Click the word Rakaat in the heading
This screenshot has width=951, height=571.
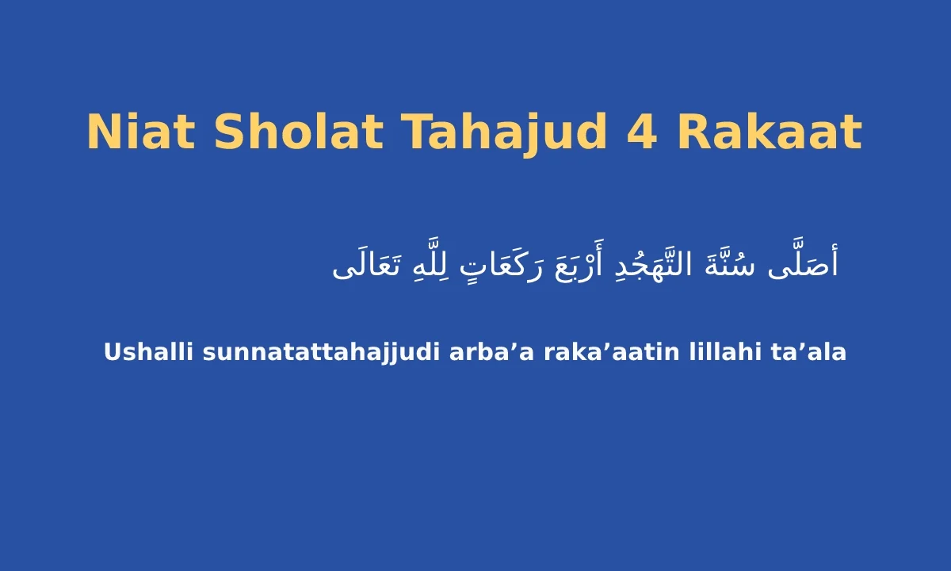pyautogui.click(x=769, y=132)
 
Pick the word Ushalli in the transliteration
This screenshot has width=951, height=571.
pyautogui.click(x=148, y=352)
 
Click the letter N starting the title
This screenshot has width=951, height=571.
pyautogui.click(x=102, y=132)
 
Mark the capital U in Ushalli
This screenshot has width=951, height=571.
pyautogui.click(x=112, y=352)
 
